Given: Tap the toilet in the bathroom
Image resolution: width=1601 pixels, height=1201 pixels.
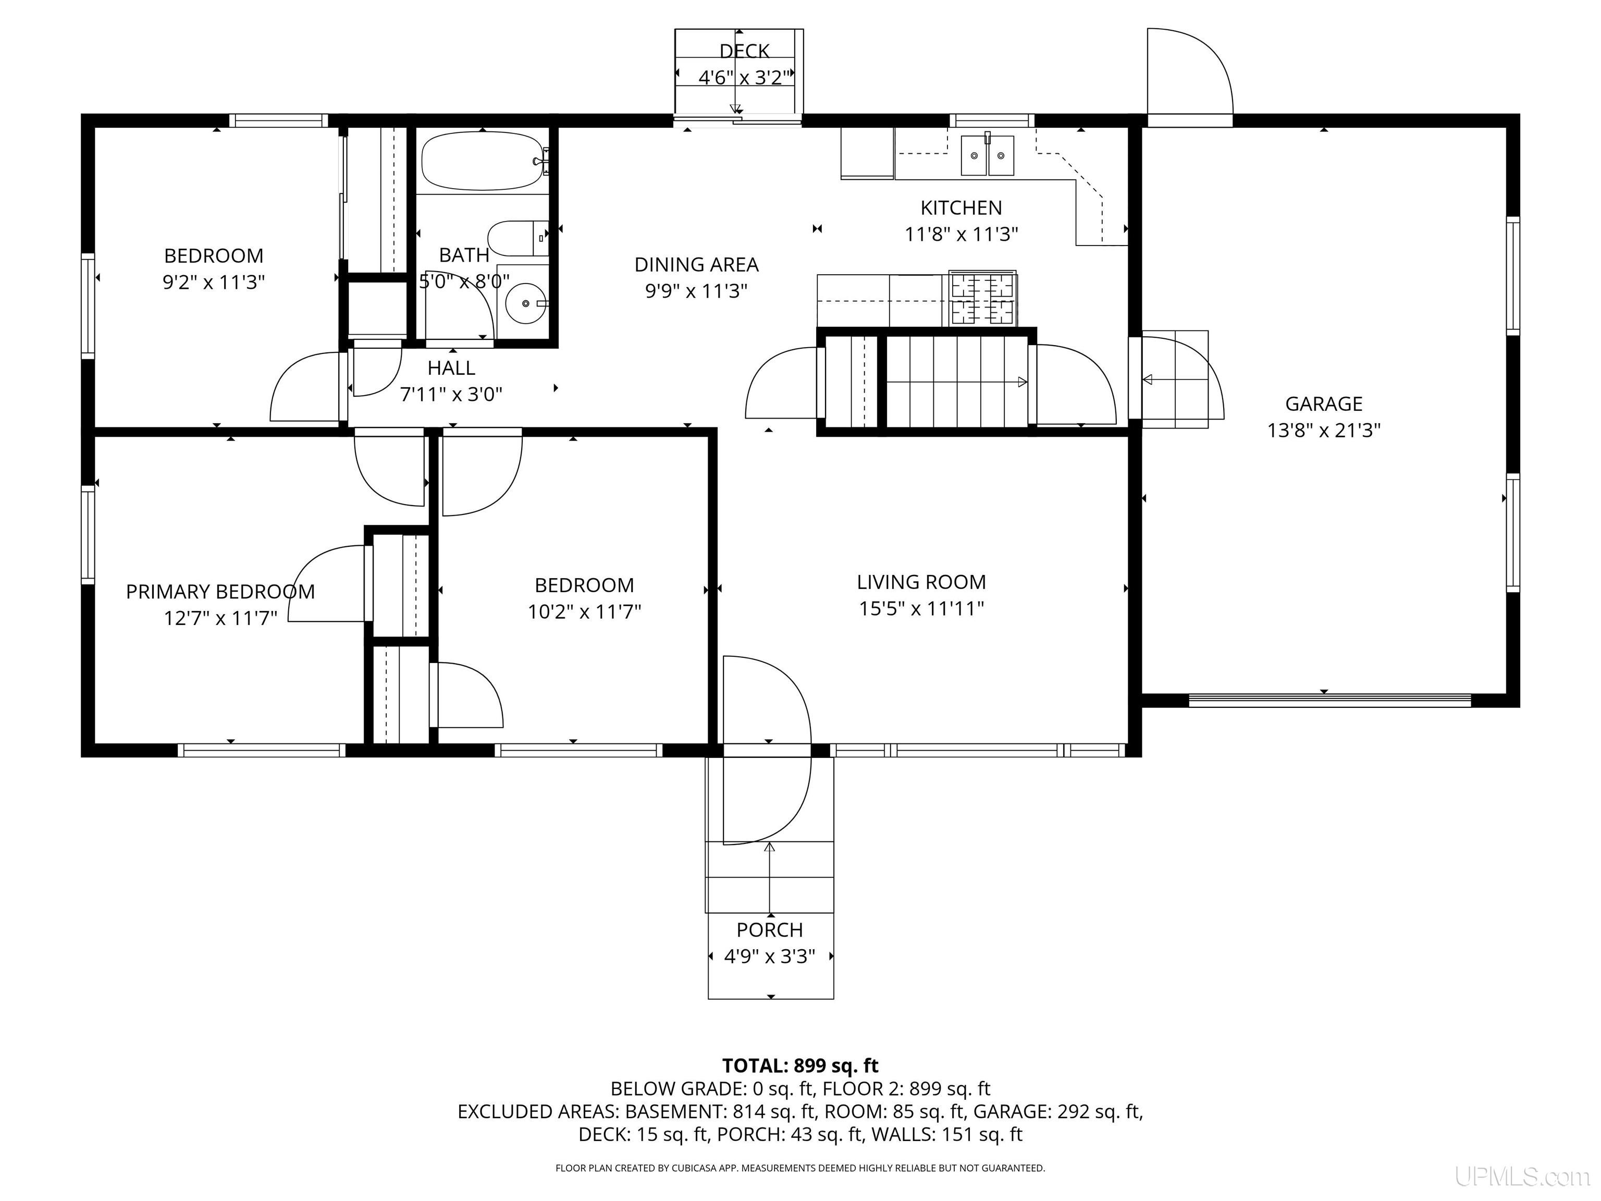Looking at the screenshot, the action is pyautogui.click(x=518, y=238).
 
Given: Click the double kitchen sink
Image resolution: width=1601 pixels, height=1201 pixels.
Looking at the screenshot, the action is pyautogui.click(x=987, y=155).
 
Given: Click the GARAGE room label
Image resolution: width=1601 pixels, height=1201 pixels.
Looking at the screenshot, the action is pyautogui.click(x=1324, y=404).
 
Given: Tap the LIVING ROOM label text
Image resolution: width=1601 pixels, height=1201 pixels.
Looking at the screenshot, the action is pyautogui.click(x=921, y=582).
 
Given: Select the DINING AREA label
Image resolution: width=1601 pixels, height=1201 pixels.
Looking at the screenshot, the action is pyautogui.click(x=696, y=265).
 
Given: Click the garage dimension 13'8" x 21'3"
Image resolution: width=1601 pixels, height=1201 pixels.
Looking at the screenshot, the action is pyautogui.click(x=1324, y=431).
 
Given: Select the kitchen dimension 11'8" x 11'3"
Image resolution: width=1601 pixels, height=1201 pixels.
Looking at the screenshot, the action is pyautogui.click(x=961, y=235).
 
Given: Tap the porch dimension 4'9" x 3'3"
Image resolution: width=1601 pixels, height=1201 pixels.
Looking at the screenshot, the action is pyautogui.click(x=770, y=957).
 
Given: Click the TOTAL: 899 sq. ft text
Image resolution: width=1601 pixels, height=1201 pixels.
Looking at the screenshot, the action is pyautogui.click(x=800, y=1065).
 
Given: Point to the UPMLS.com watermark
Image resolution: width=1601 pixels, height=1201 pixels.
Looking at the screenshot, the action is pyautogui.click(x=1522, y=1177).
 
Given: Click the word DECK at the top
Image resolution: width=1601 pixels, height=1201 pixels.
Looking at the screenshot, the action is pyautogui.click(x=744, y=52).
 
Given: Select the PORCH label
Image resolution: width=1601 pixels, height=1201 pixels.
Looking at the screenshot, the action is pyautogui.click(x=770, y=930).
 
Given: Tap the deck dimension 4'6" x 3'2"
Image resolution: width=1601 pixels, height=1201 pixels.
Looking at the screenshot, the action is pyautogui.click(x=741, y=78).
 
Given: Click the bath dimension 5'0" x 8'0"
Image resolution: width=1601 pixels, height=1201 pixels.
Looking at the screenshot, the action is pyautogui.click(x=464, y=281).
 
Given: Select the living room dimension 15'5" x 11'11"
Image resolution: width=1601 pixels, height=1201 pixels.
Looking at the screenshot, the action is pyautogui.click(x=921, y=609).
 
